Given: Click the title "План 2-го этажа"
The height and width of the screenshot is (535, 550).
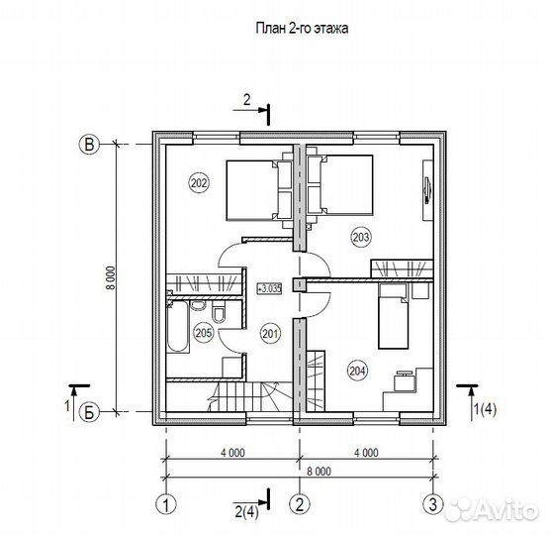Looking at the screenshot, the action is [x=302, y=28].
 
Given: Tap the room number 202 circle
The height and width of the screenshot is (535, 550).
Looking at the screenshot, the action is [x=199, y=183].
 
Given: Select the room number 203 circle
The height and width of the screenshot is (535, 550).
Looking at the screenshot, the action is [x=361, y=238].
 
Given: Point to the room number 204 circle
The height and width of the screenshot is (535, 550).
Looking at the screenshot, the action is [x=357, y=371].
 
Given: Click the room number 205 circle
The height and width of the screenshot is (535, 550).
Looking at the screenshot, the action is [x=204, y=333].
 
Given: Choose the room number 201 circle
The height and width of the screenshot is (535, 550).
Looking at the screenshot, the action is [x=270, y=333].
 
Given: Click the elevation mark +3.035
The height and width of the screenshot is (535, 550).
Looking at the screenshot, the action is [x=269, y=288].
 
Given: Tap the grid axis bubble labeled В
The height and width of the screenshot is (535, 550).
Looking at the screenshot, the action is [x=89, y=145].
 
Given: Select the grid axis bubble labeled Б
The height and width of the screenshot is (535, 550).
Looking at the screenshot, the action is [x=89, y=412].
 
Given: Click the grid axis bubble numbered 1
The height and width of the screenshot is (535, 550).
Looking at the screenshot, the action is [x=165, y=505].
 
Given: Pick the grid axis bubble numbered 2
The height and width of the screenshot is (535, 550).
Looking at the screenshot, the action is [x=299, y=505].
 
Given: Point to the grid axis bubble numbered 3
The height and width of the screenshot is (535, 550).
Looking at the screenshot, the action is [x=433, y=505].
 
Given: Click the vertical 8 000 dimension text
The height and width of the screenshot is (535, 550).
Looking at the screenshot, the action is [x=111, y=277].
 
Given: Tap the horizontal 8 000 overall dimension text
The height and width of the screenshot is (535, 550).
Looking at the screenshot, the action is [x=319, y=471].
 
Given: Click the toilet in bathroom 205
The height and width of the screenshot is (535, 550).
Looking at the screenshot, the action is [x=220, y=311].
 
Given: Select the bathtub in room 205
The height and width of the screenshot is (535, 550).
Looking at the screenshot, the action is [x=177, y=327].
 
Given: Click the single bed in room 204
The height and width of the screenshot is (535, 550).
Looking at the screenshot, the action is [x=393, y=316].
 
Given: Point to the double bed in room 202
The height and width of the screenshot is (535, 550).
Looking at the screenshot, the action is [x=259, y=191].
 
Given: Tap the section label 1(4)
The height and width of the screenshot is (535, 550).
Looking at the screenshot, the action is [x=485, y=409].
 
